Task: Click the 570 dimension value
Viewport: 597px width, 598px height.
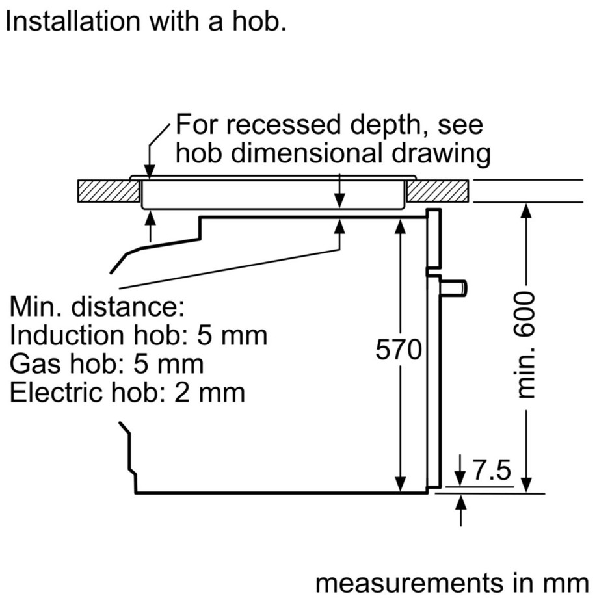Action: pos(399,351)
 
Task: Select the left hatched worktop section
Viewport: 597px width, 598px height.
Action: pos(108,190)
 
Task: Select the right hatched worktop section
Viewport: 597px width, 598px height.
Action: pos(438,190)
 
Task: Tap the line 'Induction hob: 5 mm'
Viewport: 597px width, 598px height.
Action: pos(139,335)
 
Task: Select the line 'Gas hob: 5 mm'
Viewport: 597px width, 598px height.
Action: pos(107,364)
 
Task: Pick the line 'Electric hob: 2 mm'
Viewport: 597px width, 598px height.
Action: pos(127,393)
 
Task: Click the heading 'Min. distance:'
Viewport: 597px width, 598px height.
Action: pos(98,307)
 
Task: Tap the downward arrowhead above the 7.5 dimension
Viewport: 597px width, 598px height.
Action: pos(461,479)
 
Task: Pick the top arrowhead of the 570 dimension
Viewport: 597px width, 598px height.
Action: pos(401,225)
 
